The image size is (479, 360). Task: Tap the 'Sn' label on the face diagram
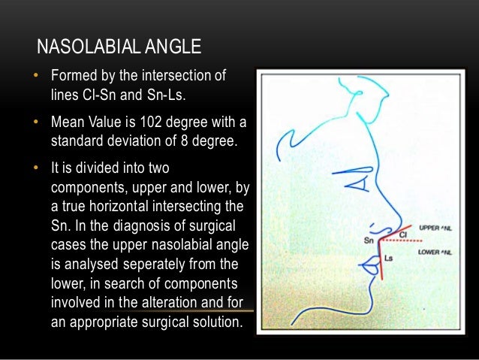(368, 241)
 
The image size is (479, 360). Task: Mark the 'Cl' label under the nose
(402, 235)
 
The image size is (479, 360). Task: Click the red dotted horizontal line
(402, 242)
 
